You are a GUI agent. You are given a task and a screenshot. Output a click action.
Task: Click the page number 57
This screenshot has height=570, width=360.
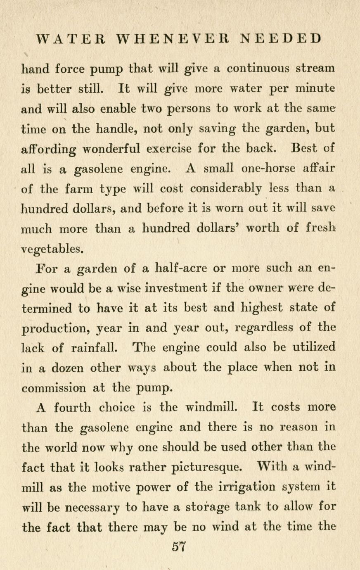(x=180, y=546)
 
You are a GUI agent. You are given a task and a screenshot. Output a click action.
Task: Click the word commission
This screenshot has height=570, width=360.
(x=54, y=388)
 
